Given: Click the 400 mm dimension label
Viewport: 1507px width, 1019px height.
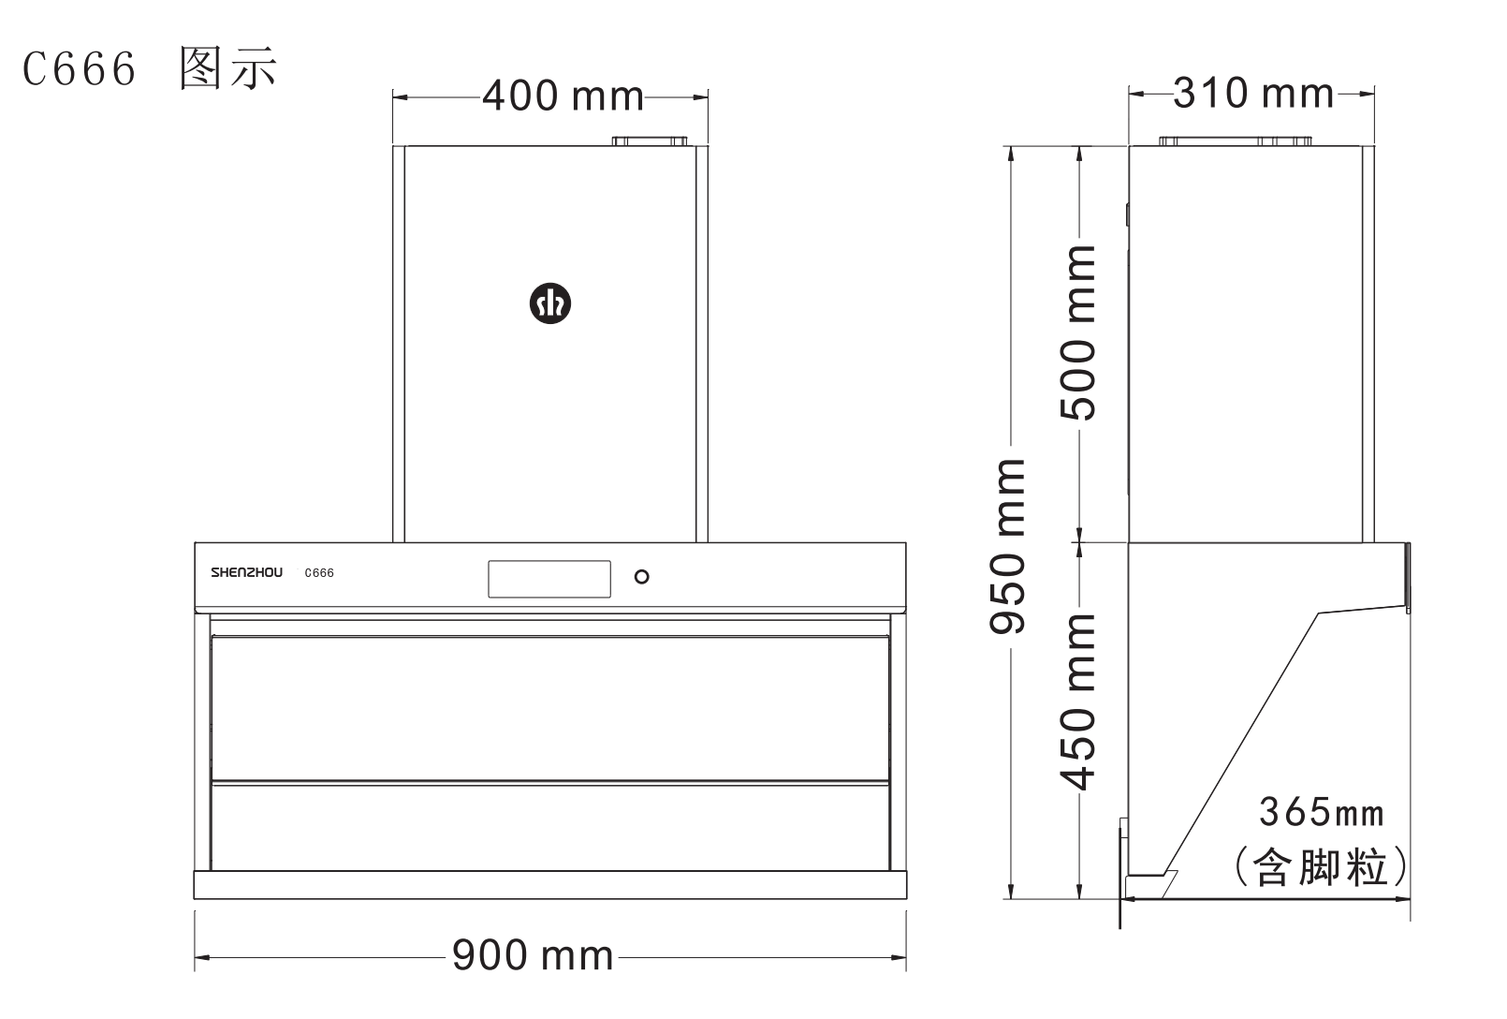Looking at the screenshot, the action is pyautogui.click(x=563, y=96).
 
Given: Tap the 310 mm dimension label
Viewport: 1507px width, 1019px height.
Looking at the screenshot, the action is pyautogui.click(x=1253, y=93).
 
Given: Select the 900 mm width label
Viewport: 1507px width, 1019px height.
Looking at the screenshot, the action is pyautogui.click(x=533, y=955).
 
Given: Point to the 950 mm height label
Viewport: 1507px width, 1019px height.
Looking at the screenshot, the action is pyautogui.click(x=1007, y=547).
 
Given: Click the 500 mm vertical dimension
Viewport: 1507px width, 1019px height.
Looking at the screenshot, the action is pyautogui.click(x=1077, y=333).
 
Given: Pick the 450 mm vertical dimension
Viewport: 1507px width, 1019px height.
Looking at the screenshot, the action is pyautogui.click(x=1077, y=702).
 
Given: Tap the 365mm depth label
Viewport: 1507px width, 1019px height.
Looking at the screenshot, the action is pyautogui.click(x=1322, y=812).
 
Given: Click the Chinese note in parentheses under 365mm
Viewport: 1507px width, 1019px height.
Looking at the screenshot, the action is pyautogui.click(x=1321, y=867).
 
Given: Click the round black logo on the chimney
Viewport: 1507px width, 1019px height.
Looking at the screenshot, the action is pyautogui.click(x=550, y=303).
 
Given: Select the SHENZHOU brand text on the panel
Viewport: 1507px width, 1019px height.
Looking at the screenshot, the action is pyautogui.click(x=247, y=573).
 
